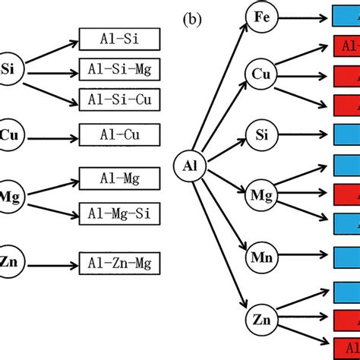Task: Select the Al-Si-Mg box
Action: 119,71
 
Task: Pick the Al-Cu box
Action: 119,136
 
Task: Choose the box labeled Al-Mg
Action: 119,179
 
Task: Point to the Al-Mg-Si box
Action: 119,213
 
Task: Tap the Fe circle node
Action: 261,16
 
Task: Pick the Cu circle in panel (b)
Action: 261,74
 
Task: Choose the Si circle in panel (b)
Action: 261,135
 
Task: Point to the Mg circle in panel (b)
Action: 261,197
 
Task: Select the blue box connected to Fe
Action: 346,16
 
